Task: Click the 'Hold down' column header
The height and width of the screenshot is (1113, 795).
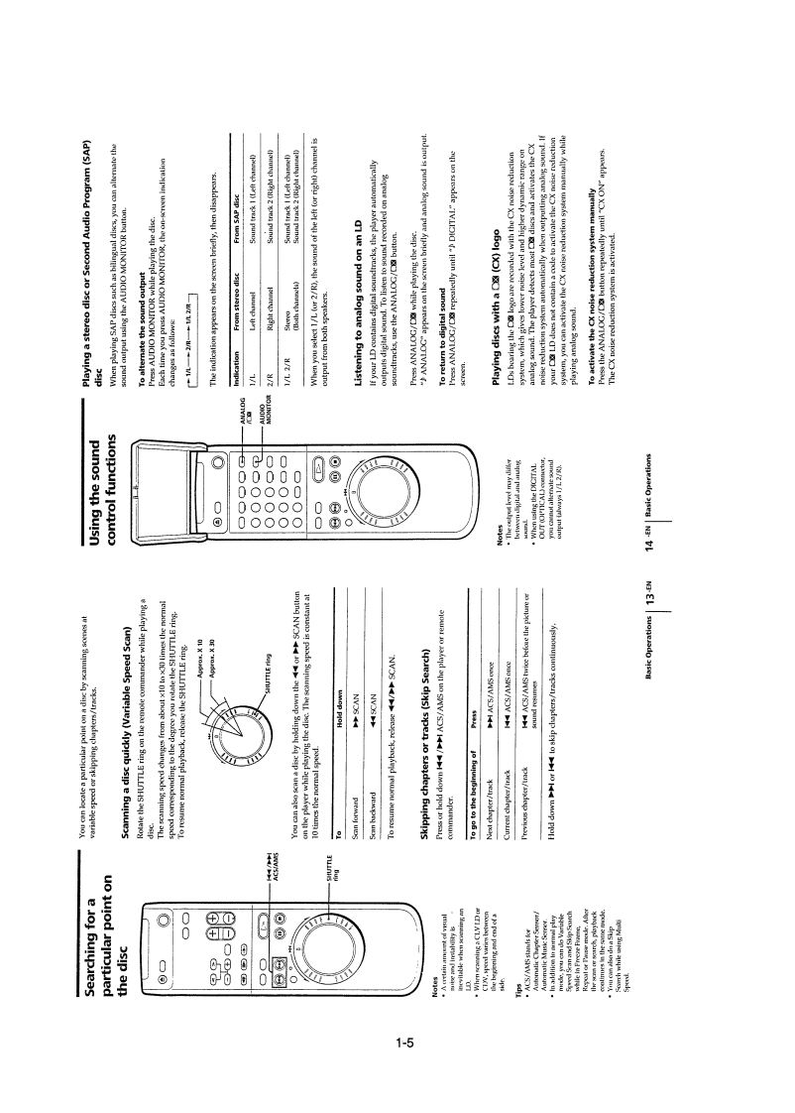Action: pos(334,728)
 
